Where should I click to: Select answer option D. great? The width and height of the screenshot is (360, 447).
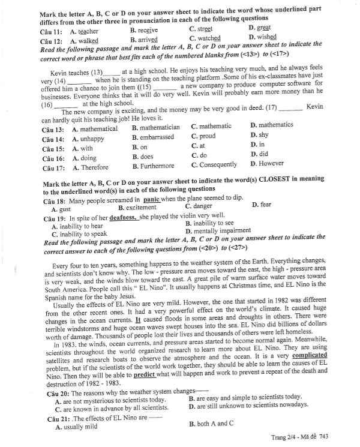(x=259, y=28)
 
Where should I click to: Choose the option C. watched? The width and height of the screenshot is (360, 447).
(x=205, y=40)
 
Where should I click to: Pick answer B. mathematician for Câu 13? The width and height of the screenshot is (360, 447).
(x=155, y=127)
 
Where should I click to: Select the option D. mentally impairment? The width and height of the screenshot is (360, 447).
(x=218, y=230)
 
